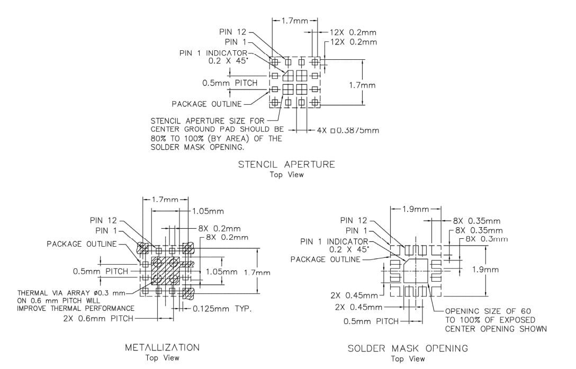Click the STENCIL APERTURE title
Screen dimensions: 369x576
point(286,164)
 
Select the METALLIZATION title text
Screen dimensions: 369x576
point(162,347)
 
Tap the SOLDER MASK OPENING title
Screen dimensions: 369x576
point(408,348)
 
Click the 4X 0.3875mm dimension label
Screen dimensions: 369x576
point(348,130)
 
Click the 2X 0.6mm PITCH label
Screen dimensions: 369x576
point(98,319)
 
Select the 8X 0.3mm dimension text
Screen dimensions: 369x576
point(487,239)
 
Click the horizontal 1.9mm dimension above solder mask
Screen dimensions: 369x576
point(416,209)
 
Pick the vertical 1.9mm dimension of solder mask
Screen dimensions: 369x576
point(485,269)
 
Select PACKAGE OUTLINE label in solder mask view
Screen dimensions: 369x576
point(325,259)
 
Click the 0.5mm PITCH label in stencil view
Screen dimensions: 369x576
point(230,83)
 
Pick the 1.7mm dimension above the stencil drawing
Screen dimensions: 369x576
point(294,22)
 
